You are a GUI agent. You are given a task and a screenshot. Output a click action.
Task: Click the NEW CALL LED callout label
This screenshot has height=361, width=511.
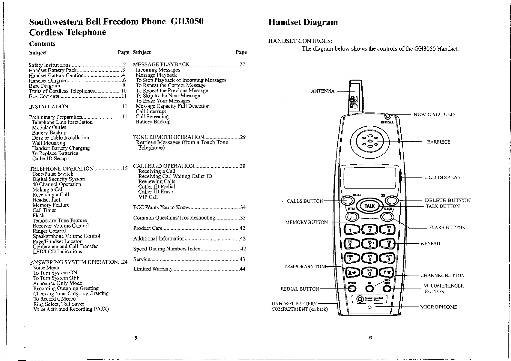click(434, 115)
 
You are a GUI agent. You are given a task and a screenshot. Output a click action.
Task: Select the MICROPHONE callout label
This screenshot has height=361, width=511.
click(438, 307)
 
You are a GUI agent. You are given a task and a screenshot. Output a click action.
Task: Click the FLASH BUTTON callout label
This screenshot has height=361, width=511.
click(447, 228)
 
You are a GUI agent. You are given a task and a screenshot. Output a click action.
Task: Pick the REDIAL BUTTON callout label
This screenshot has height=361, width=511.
click(300, 289)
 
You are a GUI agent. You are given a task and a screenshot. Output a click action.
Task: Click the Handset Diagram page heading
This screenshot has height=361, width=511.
click(303, 22)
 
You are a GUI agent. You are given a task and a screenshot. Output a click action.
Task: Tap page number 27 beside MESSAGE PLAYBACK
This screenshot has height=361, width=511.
click(243, 64)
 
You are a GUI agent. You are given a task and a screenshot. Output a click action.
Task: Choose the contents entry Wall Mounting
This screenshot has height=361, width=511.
click(49, 143)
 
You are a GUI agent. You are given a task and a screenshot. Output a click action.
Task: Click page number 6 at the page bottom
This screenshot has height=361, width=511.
click(370, 338)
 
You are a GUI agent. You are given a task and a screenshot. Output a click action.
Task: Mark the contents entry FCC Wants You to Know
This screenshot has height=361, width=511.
click(160, 207)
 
